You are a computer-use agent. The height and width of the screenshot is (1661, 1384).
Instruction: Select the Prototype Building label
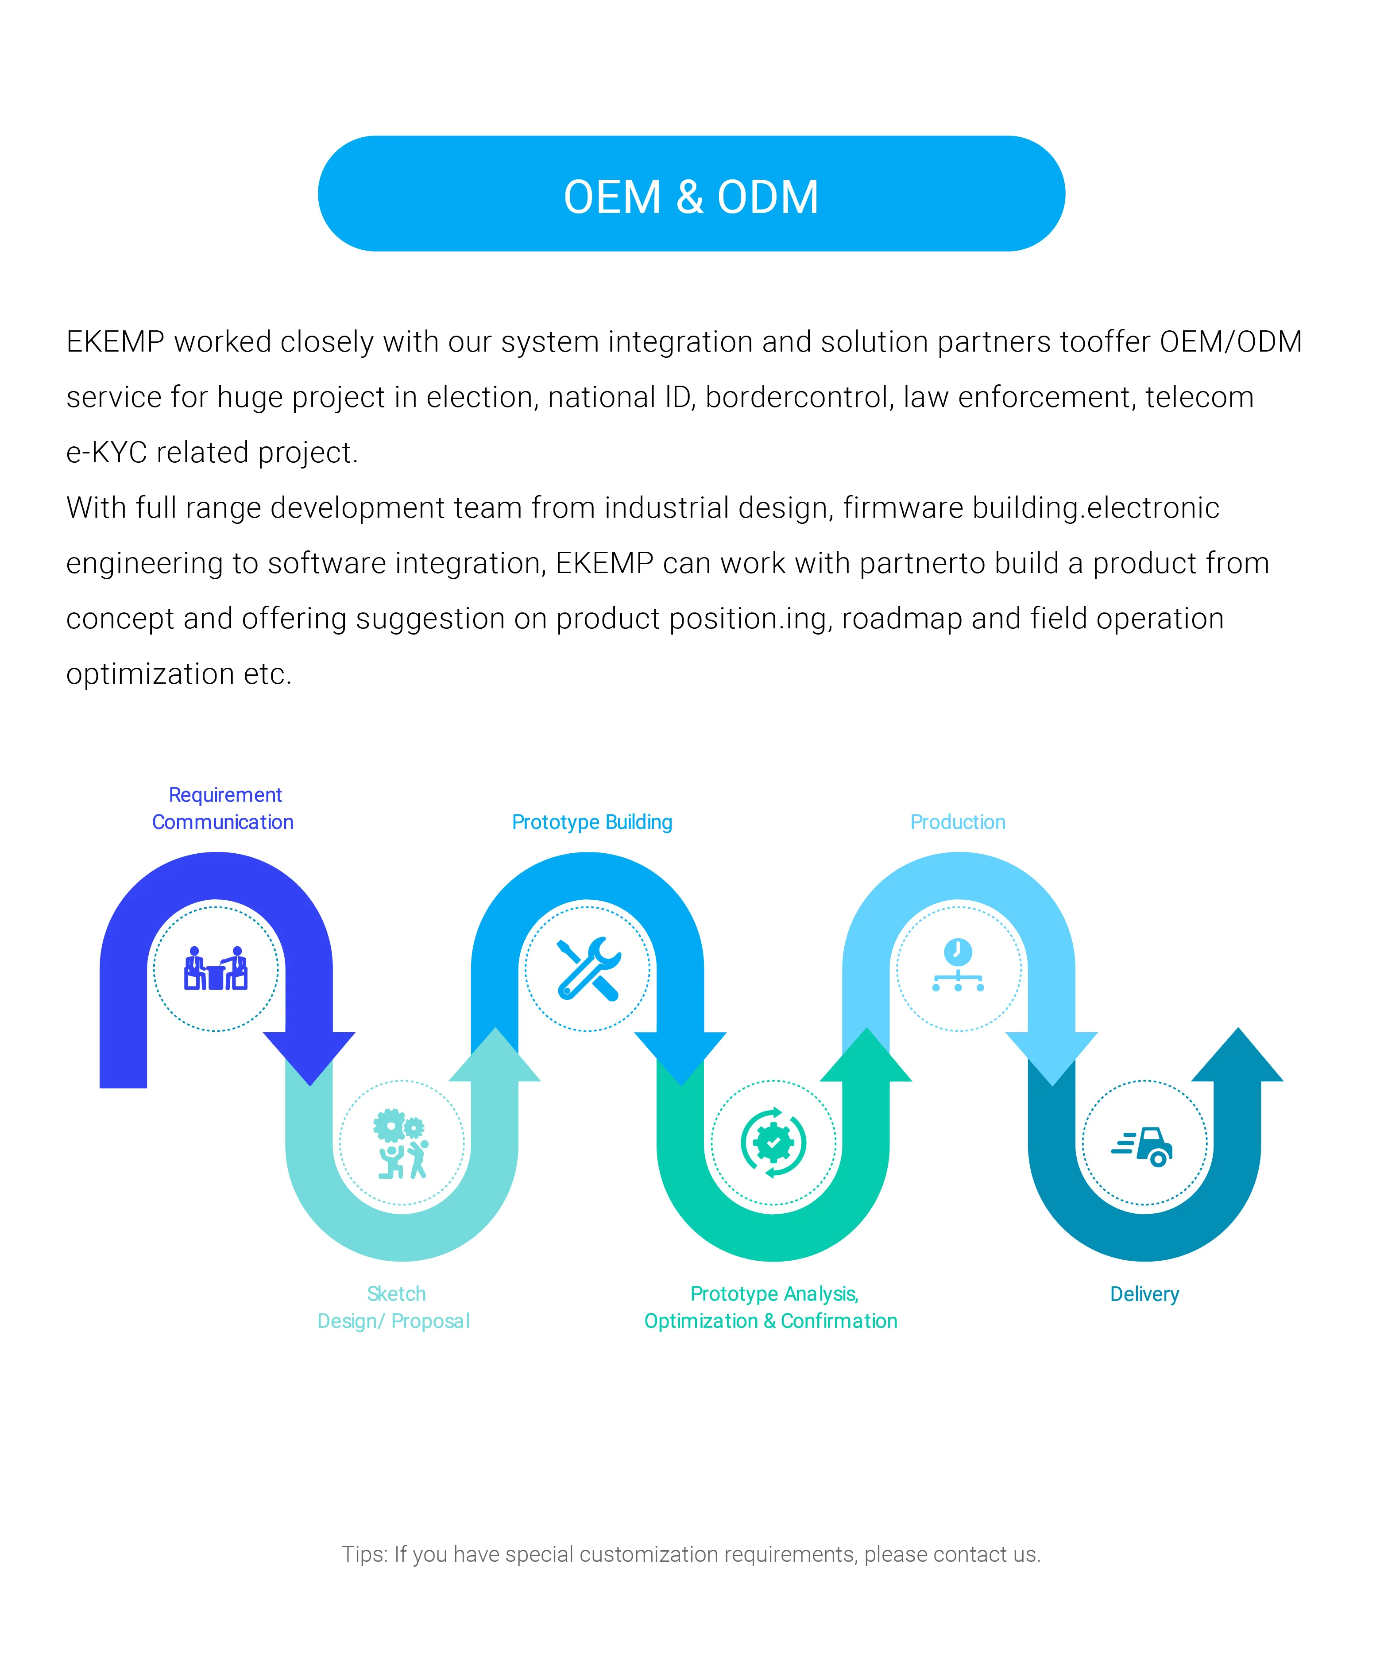coord(591,822)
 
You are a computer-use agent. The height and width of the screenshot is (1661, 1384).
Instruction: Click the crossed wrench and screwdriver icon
coord(588,969)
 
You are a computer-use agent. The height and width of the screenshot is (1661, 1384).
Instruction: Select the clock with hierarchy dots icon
coord(958,965)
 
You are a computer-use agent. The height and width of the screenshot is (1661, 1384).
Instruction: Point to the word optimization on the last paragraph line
coord(150,674)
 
